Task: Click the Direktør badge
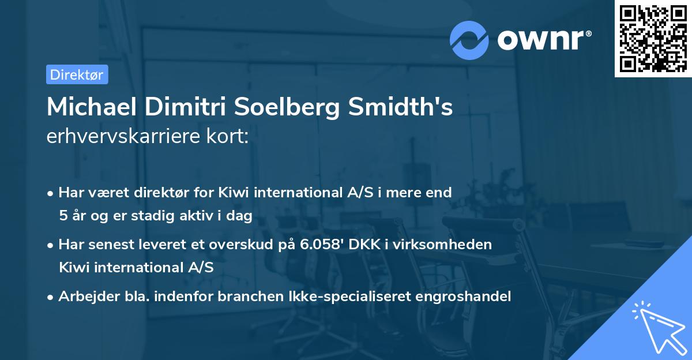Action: pos(77,74)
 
